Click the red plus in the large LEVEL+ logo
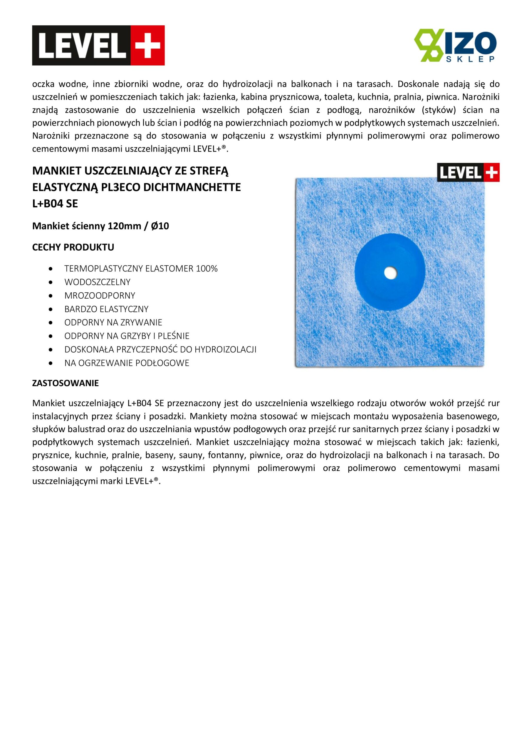click(x=148, y=45)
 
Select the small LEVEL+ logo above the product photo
click(x=468, y=172)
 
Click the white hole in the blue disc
click(x=390, y=273)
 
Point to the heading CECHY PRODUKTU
click(x=73, y=247)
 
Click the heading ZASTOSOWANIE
click(x=66, y=383)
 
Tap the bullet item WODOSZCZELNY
click(x=97, y=282)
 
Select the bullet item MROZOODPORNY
click(x=100, y=296)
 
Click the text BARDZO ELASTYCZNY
click(x=106, y=309)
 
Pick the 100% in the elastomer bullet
click(x=207, y=269)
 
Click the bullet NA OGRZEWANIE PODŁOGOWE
click(x=127, y=363)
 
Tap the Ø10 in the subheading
click(x=160, y=226)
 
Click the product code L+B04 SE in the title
click(x=55, y=204)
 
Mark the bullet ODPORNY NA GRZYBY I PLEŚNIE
click(x=127, y=336)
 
